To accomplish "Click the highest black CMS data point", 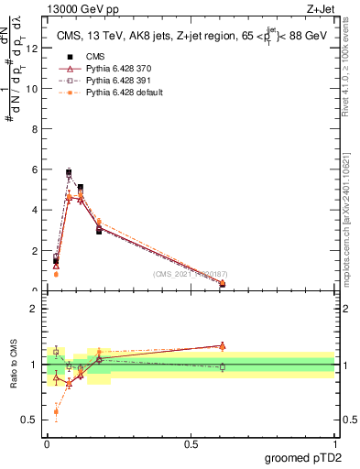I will tap(69, 172).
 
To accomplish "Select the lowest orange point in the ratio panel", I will tap(56, 411).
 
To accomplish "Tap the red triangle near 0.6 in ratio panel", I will tap(223, 345).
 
